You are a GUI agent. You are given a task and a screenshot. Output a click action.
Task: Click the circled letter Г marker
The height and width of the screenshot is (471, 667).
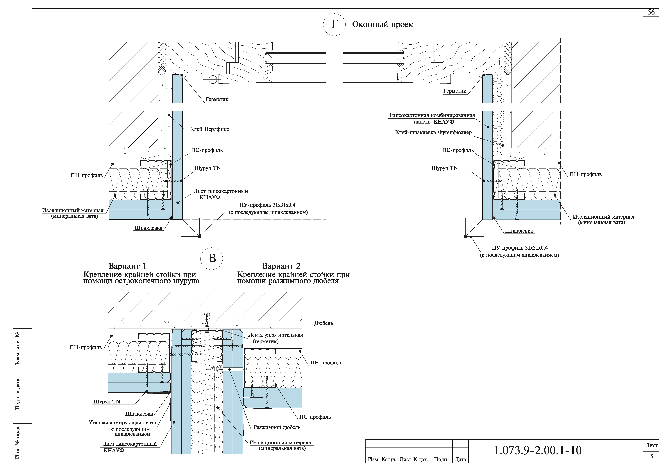[x=334, y=25]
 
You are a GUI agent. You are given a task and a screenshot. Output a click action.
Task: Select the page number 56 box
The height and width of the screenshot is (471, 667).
[x=651, y=12]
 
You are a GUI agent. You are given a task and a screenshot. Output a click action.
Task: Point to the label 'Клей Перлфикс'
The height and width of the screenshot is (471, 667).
[x=210, y=129]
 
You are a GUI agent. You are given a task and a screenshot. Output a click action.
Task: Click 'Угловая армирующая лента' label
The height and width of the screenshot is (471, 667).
[x=122, y=423]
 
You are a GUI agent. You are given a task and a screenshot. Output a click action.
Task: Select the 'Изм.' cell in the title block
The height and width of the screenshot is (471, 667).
[x=373, y=459]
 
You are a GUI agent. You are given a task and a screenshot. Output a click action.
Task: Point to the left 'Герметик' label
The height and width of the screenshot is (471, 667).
[x=217, y=99]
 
